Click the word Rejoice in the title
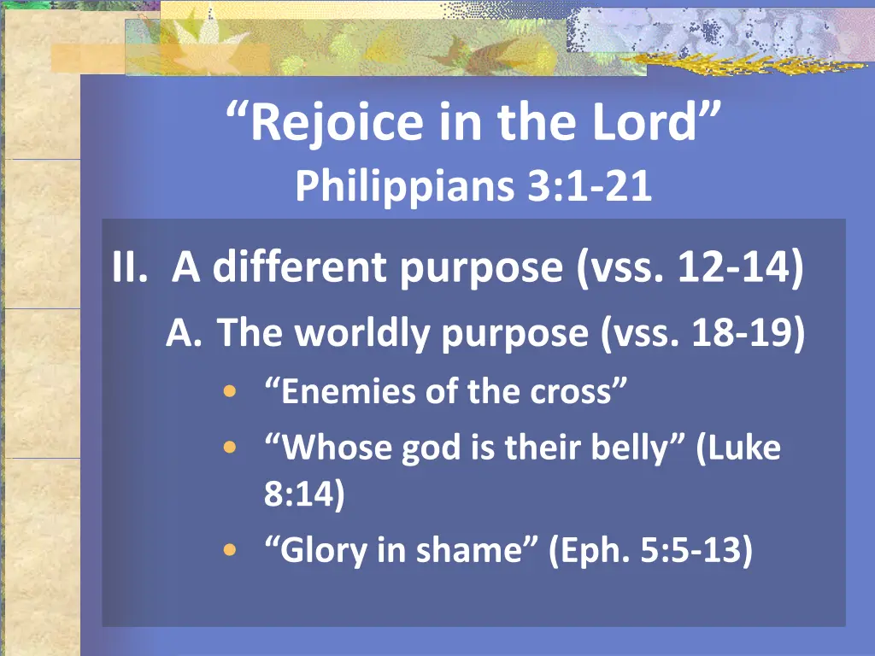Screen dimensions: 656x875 tap(337, 122)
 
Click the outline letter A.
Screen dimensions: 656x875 tap(183, 334)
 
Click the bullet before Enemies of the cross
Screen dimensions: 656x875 tap(228, 393)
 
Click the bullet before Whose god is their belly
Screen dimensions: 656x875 tap(228, 448)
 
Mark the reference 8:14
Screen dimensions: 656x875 tap(304, 495)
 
